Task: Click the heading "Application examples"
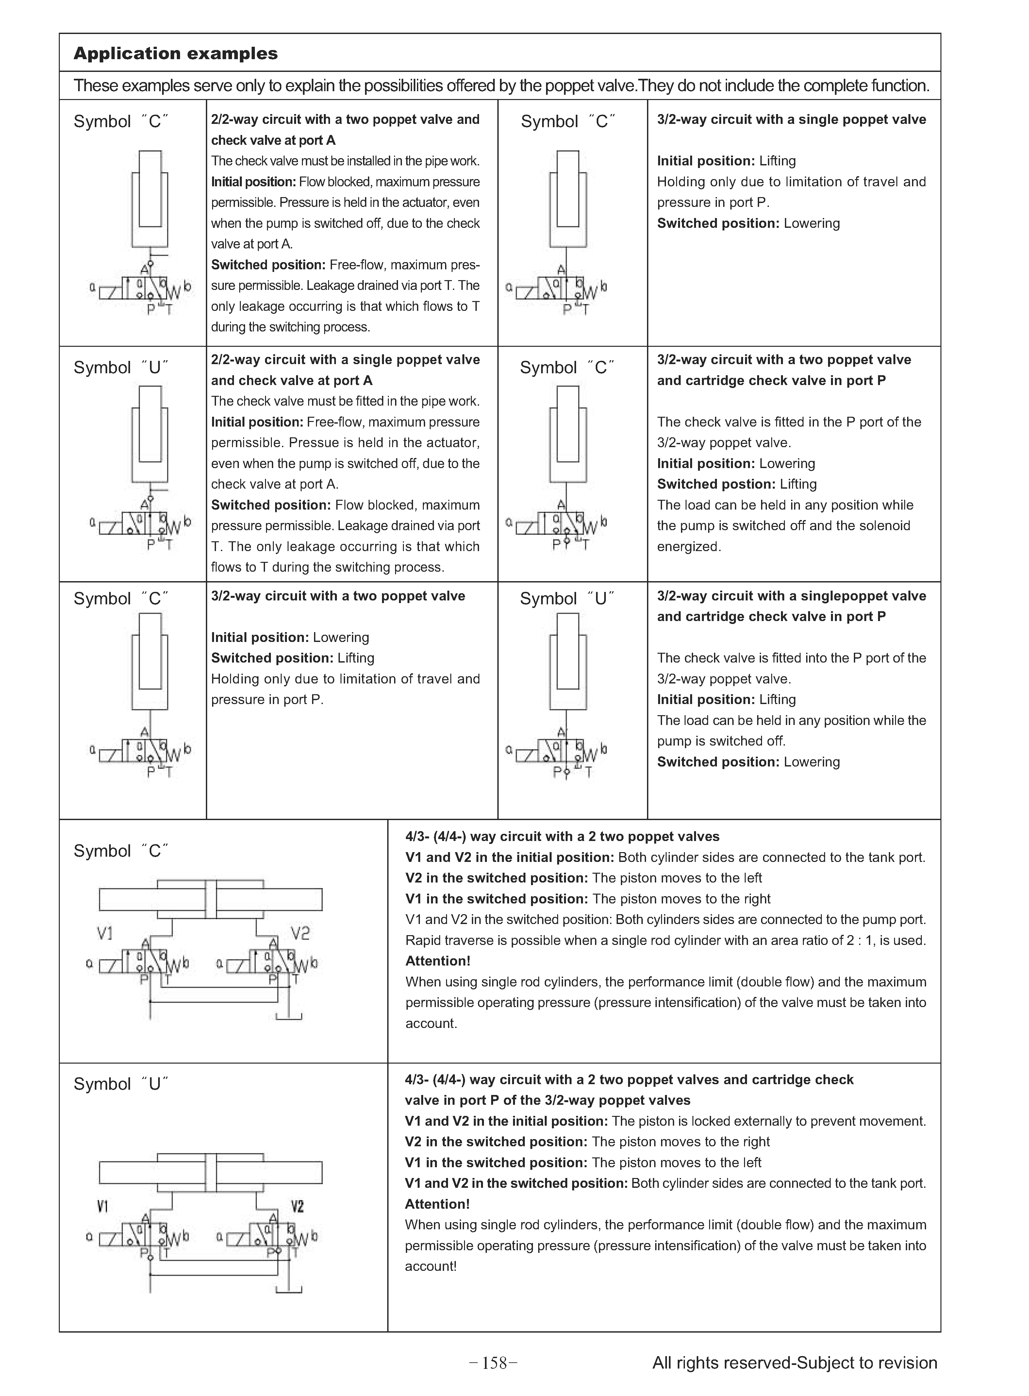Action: coord(176,54)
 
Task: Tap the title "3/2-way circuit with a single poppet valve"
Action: coord(791,120)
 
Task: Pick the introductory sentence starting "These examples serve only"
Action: coord(501,85)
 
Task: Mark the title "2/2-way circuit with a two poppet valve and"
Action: coord(345,120)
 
